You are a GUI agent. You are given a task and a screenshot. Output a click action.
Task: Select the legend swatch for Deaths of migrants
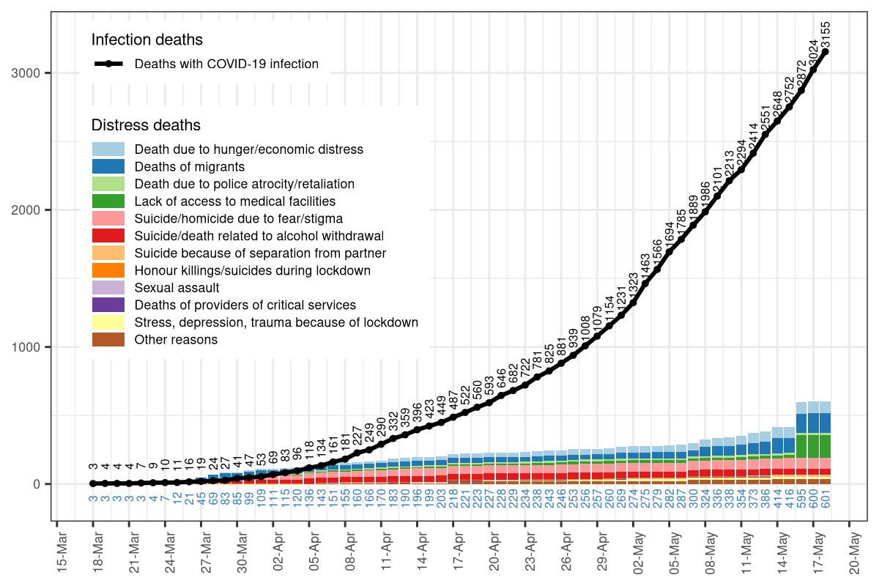(x=108, y=166)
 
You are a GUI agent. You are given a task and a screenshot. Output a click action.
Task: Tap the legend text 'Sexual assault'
(x=177, y=288)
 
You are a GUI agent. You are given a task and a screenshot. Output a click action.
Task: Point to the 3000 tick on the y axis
(x=36, y=73)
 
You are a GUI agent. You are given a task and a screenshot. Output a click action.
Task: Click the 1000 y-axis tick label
(x=36, y=347)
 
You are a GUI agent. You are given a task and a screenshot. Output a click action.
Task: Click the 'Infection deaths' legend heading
(x=146, y=40)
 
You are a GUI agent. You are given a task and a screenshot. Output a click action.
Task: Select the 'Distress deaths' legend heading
(x=146, y=125)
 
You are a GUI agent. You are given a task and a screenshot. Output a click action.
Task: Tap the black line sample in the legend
(x=108, y=64)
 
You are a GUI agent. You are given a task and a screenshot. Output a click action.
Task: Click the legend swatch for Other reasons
(x=108, y=340)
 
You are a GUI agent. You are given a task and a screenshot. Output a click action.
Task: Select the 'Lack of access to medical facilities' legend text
(x=234, y=201)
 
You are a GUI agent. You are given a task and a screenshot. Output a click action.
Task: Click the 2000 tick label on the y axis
(x=36, y=210)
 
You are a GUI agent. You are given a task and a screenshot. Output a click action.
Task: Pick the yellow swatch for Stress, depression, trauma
(x=108, y=322)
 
